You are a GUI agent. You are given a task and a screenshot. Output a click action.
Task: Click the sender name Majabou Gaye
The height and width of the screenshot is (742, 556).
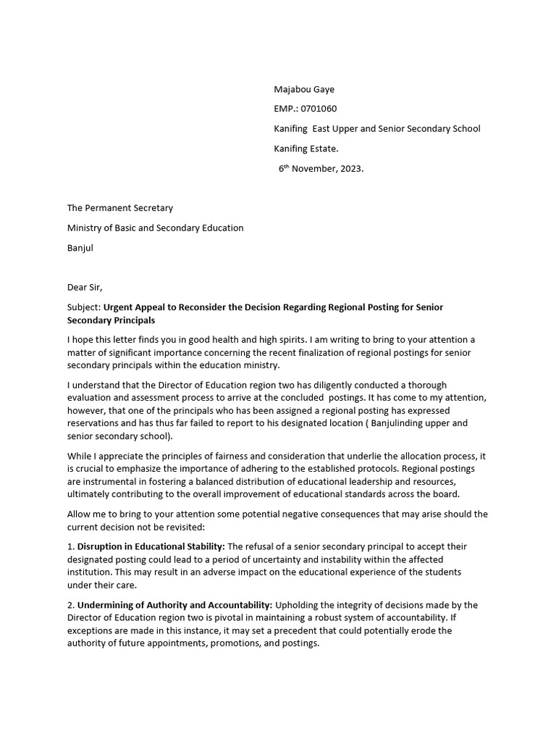304,89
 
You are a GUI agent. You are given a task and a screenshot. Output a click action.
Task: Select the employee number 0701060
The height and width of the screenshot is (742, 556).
319,109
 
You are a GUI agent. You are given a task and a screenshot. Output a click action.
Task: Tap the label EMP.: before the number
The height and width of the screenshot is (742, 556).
287,109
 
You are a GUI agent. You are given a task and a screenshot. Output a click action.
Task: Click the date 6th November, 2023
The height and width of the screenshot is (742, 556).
321,168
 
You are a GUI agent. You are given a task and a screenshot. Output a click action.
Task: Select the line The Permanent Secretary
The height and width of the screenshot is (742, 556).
120,208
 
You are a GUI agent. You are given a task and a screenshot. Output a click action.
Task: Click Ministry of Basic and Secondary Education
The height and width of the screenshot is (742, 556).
155,228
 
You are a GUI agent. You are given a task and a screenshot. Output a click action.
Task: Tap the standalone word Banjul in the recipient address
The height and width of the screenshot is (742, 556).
80,247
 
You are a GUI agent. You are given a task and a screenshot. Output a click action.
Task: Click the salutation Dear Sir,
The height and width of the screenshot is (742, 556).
85,287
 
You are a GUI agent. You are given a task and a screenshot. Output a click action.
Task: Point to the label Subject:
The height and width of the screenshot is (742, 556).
83,307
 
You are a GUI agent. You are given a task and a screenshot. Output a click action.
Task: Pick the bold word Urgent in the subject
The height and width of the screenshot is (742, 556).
119,307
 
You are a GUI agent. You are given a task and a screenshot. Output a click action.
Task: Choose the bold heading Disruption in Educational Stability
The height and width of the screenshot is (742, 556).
151,546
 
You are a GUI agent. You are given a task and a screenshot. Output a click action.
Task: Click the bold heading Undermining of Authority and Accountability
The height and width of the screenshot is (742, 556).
174,605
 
